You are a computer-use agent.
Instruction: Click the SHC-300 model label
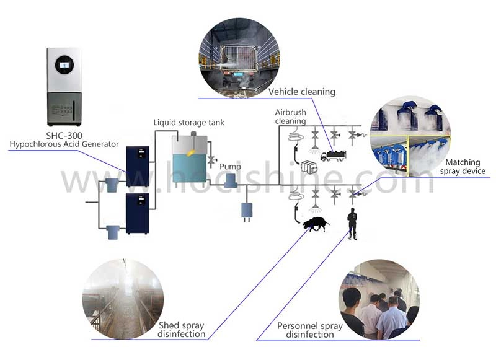click(x=64, y=136)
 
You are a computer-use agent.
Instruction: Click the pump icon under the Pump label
click(x=231, y=181)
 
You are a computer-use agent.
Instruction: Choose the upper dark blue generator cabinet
click(x=138, y=166)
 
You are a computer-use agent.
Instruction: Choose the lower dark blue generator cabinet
click(x=138, y=213)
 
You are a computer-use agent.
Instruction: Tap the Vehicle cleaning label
click(x=301, y=92)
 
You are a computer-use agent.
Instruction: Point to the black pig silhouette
click(x=316, y=224)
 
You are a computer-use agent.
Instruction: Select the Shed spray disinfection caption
click(x=182, y=330)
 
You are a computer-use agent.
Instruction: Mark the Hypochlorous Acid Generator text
click(x=64, y=145)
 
